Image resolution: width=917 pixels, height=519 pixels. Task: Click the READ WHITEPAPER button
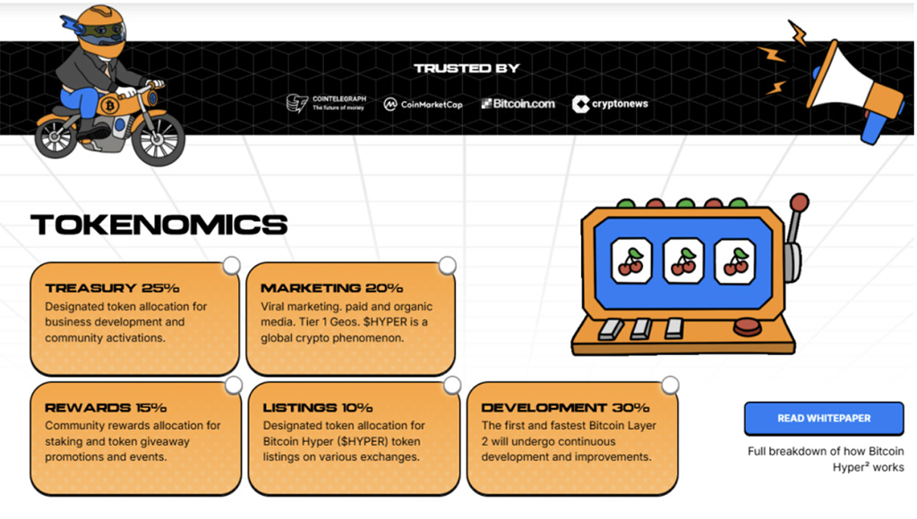pos(824,418)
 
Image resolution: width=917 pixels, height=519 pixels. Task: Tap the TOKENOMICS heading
pos(159,225)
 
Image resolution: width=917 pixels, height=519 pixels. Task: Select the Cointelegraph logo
pos(326,104)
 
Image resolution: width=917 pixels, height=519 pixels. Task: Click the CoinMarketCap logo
pos(423,104)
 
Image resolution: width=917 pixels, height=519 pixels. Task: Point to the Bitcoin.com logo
pos(518,104)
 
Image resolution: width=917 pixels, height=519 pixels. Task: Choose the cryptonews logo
pos(610,104)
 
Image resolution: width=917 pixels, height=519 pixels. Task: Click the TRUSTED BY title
pos(467,68)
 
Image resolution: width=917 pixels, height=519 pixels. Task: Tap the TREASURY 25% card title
pos(112,287)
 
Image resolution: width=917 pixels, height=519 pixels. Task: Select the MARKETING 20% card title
pos(331,287)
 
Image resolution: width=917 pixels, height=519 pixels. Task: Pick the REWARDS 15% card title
pos(106,407)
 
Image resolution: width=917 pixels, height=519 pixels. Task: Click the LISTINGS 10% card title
pos(318,407)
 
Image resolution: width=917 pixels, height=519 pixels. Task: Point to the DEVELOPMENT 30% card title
pos(566,407)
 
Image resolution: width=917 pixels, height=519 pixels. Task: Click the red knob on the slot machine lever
pos(799,203)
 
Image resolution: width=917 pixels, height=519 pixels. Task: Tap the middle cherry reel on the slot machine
pos(683,260)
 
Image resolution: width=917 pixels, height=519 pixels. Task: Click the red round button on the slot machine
pos(748,327)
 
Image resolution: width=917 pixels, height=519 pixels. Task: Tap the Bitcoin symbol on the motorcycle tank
pos(109,106)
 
